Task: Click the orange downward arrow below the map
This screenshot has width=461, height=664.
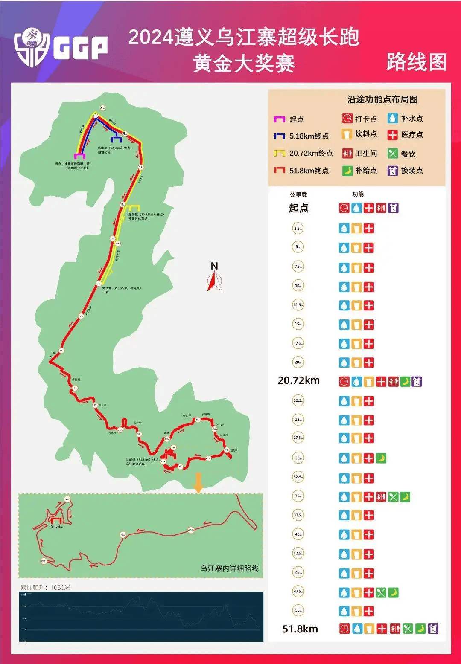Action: [198, 482]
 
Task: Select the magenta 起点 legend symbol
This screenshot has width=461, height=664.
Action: [279, 119]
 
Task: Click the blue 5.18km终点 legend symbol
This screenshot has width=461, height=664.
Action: [279, 136]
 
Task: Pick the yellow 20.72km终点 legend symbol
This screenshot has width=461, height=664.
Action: [279, 153]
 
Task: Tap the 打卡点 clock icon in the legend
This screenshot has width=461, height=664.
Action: [347, 119]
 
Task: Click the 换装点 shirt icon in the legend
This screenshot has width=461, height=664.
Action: [393, 171]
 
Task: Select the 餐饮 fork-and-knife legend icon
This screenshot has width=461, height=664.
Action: [393, 153]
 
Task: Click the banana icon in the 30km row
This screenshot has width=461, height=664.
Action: [381, 458]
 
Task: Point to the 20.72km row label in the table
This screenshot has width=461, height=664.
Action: [299, 380]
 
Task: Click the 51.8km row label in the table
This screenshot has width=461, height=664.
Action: [300, 629]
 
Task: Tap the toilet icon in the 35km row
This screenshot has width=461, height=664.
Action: [381, 497]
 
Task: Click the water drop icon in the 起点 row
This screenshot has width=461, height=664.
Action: [356, 208]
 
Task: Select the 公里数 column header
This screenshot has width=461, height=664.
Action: [298, 194]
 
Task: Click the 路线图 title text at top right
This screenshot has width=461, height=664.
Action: [417, 62]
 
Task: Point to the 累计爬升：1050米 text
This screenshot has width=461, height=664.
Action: [45, 587]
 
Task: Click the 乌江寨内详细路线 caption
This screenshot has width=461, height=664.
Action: [230, 568]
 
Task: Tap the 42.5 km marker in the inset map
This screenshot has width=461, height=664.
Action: [191, 530]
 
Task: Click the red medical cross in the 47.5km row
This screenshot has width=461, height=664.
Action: [369, 592]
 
